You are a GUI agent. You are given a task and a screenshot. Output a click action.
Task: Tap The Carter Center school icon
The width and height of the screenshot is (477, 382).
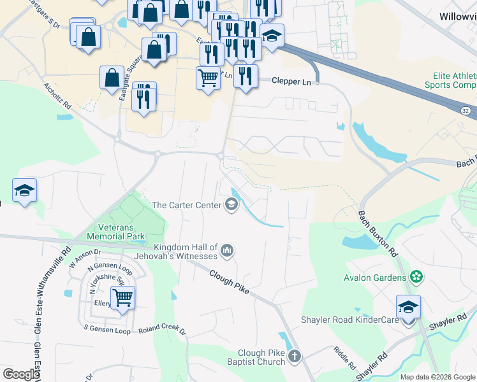click(231, 205)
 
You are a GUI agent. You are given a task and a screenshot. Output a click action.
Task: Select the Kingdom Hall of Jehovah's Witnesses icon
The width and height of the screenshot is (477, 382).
click(227, 252)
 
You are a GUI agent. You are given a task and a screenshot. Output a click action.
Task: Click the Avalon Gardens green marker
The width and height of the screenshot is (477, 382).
click(416, 277)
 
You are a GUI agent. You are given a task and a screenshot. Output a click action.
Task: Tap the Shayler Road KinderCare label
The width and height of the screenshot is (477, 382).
click(352, 319)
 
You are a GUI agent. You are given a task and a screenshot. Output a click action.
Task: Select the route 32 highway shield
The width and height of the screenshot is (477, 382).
click(467, 110)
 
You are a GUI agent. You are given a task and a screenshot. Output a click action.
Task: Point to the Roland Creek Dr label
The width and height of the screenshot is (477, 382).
click(162, 330)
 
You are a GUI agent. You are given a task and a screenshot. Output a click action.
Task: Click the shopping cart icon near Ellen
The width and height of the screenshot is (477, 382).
click(122, 296)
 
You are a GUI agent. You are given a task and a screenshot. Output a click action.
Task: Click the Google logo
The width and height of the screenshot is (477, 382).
click(21, 374)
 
